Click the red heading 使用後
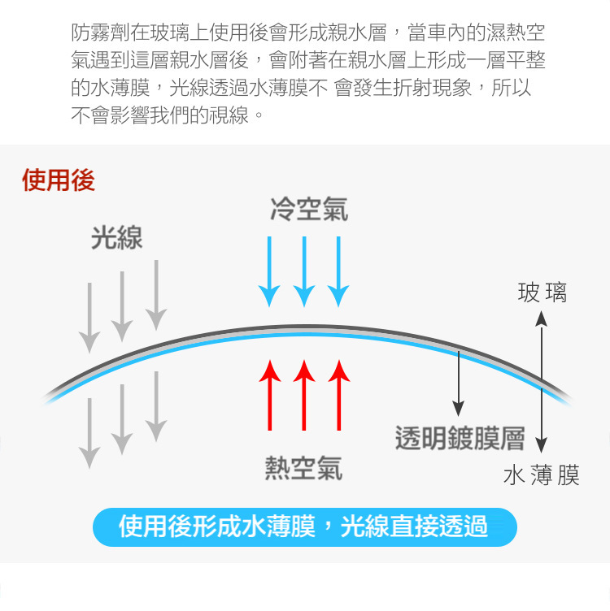[59, 180]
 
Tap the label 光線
[117, 238]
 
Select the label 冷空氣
[309, 209]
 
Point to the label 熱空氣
[303, 467]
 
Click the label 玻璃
[542, 292]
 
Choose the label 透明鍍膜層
[460, 438]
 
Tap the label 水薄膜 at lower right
[541, 475]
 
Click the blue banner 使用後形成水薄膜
[304, 526]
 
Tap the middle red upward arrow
[304, 395]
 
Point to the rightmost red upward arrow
[339, 395]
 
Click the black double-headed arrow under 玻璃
[542, 382]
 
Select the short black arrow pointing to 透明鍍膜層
[459, 382]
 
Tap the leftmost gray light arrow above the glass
[89, 317]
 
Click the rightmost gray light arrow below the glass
[155, 406]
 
